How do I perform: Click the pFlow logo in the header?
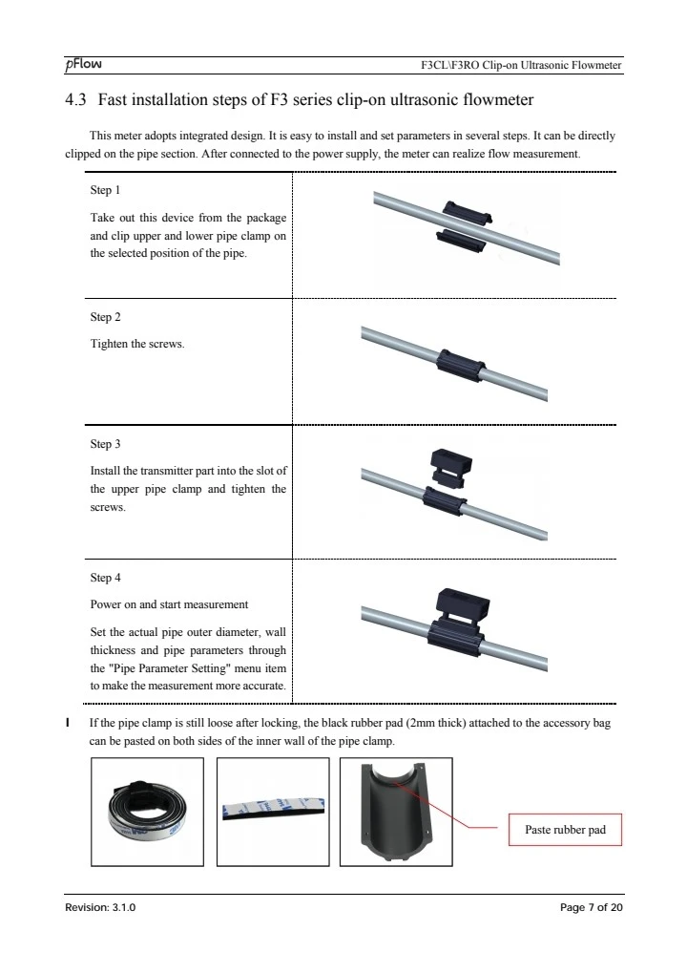83,64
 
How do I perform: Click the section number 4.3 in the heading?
75,100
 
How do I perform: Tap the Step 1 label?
105,190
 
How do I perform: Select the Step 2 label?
105,317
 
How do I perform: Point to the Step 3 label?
105,444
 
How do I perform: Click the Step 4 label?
105,578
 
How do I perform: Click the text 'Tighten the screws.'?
137,344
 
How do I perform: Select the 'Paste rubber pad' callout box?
565,830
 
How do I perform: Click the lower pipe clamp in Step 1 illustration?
461,242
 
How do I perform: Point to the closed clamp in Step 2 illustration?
460,368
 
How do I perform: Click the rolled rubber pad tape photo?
147,812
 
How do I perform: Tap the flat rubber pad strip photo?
273,812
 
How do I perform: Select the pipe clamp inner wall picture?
396,812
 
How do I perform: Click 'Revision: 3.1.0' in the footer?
100,907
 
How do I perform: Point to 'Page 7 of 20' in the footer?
591,907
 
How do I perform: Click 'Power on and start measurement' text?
169,604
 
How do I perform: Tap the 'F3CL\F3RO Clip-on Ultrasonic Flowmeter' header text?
521,65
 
